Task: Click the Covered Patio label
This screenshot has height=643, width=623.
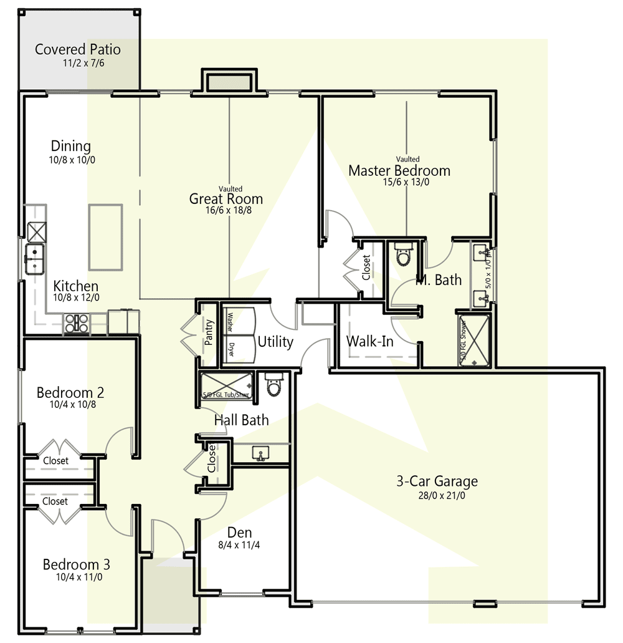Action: (78, 49)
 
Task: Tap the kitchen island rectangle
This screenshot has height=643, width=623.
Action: (105, 237)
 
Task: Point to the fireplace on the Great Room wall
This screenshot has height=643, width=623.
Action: (229, 82)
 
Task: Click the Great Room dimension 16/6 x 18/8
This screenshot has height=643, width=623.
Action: (226, 211)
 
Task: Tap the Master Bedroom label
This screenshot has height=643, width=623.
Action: (399, 170)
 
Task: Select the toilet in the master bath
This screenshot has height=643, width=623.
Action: (404, 255)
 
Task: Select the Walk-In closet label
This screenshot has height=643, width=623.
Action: (369, 341)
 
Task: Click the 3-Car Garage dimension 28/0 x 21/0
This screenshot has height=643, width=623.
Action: (437, 495)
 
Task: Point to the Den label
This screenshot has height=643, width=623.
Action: (239, 532)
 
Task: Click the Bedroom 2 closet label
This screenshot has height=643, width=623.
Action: (55, 461)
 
